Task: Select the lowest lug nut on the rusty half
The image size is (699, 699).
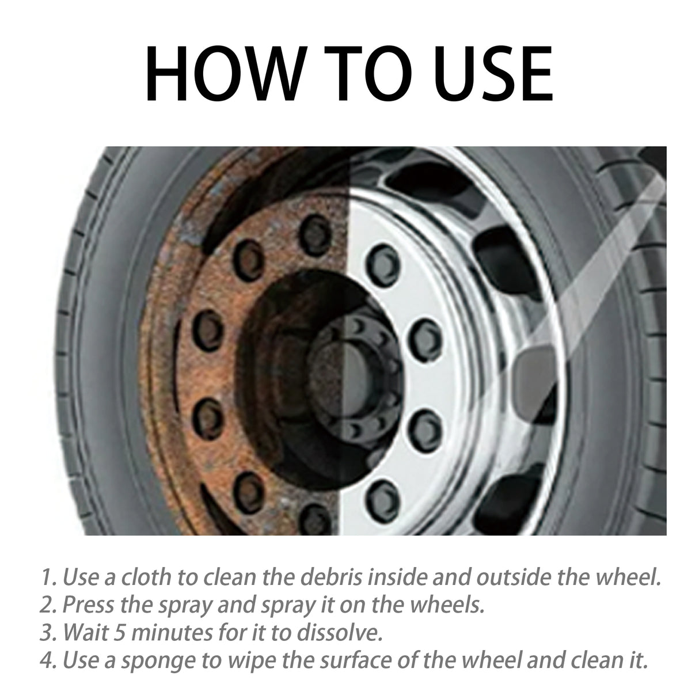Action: click(x=314, y=515)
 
